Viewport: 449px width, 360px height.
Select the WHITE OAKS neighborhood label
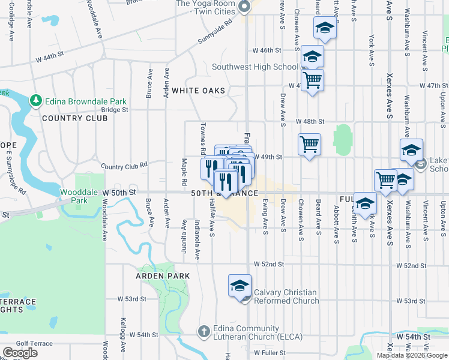coord(198,91)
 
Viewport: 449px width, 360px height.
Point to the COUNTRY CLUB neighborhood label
coord(74,118)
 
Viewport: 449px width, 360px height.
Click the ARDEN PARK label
coord(163,276)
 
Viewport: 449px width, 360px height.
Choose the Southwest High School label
coord(255,67)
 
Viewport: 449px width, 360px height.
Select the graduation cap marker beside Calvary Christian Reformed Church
coord(240,286)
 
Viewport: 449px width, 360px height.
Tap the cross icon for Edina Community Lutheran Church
coord(203,331)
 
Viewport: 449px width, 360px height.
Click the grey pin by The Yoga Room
coord(244,7)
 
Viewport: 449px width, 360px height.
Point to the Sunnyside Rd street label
coord(215,33)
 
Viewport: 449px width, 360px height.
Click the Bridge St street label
coord(115,110)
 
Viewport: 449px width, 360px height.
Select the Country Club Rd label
coord(124,166)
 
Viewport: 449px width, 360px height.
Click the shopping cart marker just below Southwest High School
coord(312,80)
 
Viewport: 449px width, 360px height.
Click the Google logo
coord(20,353)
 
